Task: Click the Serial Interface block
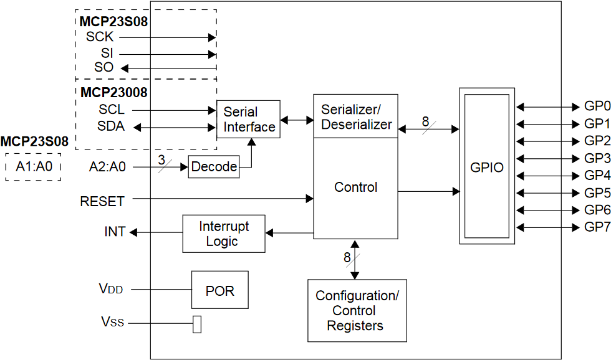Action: pyautogui.click(x=249, y=119)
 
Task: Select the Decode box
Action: pyautogui.click(x=213, y=168)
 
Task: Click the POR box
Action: pyautogui.click(x=220, y=290)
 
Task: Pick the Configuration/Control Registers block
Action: pyautogui.click(x=357, y=311)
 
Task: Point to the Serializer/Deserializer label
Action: pyautogui.click(x=355, y=116)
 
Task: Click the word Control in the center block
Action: pyautogui.click(x=355, y=187)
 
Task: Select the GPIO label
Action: pyautogui.click(x=486, y=168)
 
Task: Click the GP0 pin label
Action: pyautogui.click(x=597, y=106)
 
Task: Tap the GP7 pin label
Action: pyautogui.click(x=597, y=226)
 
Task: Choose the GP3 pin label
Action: pyautogui.click(x=597, y=157)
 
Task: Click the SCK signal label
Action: pyautogui.click(x=100, y=37)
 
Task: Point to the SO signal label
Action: pyautogui.click(x=104, y=67)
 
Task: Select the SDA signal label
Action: pyautogui.click(x=111, y=126)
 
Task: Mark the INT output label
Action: pyautogui.click(x=115, y=232)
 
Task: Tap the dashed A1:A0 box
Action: pyautogui.click(x=33, y=167)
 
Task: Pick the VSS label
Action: pyautogui.click(x=112, y=322)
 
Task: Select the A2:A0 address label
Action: pyautogui.click(x=108, y=167)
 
